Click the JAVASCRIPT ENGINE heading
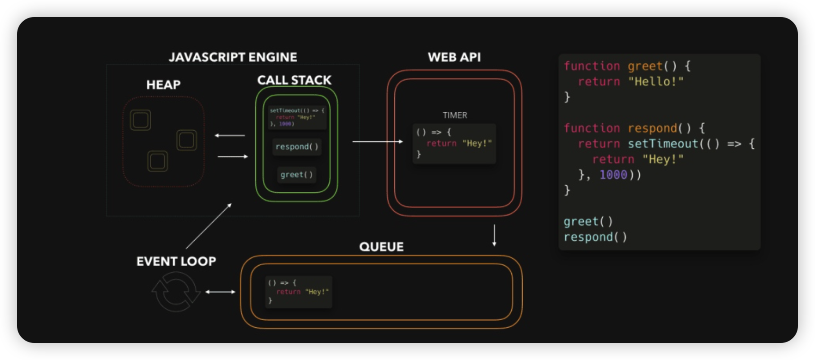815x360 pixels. coord(233,57)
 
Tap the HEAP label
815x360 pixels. coord(163,85)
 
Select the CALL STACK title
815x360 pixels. coord(294,80)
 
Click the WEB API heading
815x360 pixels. coord(454,57)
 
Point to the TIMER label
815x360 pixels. coord(454,115)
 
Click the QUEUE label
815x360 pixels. coord(381,247)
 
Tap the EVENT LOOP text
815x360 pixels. coord(176,261)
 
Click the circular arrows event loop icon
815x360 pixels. coord(176,292)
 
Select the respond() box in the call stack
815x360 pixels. coord(297,147)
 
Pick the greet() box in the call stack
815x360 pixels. coord(297,175)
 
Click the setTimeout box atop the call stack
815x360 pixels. coord(297,117)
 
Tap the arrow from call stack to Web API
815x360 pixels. coord(377,141)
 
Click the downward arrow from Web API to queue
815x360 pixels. coord(494,235)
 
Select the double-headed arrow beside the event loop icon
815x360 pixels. coord(220,292)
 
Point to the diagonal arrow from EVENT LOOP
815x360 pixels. coord(208,226)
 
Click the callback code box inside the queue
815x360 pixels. coord(299,292)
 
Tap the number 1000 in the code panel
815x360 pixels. coord(613,175)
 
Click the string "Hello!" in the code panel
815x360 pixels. coord(655,81)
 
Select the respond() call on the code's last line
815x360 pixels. coord(595,237)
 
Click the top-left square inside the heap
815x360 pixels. coord(140,120)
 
